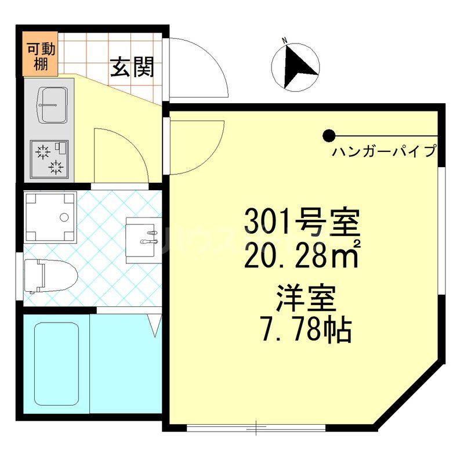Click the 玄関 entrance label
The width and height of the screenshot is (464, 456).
coord(132,68)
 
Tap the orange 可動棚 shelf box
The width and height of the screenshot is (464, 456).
coord(41,56)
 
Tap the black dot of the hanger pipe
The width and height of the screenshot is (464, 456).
coord(329,136)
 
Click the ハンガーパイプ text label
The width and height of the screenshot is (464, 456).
coord(383,152)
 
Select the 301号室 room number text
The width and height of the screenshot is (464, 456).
coord(302,221)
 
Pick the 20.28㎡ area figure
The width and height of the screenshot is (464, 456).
coord(301,255)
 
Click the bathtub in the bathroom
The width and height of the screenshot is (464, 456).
coord(56,364)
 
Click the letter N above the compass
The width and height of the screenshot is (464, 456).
coord(285,40)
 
